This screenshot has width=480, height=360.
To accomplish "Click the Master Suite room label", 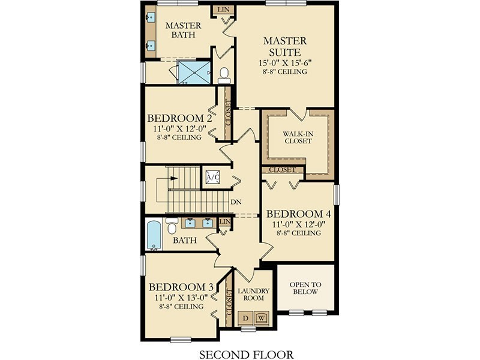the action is pyautogui.click(x=285, y=46).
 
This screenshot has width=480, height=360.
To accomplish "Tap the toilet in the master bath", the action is pyautogui.click(x=224, y=76).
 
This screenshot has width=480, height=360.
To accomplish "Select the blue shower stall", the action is pyautogui.click(x=194, y=73).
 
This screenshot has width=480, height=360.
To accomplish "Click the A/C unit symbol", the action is pyautogui.click(x=213, y=177).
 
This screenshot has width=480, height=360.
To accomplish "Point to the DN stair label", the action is pyautogui.click(x=236, y=202).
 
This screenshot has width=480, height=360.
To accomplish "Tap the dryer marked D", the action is pyautogui.click(x=245, y=318).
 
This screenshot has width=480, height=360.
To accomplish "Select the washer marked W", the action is pyautogui.click(x=261, y=318).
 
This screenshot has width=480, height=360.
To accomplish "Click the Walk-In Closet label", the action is pyautogui.click(x=297, y=137).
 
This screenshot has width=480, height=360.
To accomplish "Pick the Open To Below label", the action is pyautogui.click(x=305, y=288).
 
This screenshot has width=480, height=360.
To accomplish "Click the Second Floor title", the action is pyautogui.click(x=247, y=354).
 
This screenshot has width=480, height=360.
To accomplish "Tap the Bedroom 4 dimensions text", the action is pyautogui.click(x=298, y=224).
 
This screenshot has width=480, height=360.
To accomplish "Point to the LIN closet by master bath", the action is pyautogui.click(x=223, y=10).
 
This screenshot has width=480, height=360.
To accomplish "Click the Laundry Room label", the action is pyautogui.click(x=253, y=294).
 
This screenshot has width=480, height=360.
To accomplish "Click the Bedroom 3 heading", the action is pyautogui.click(x=181, y=287).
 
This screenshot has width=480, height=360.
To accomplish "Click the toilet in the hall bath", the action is pyautogui.click(x=172, y=226).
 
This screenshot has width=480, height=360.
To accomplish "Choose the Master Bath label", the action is pyautogui.click(x=183, y=29).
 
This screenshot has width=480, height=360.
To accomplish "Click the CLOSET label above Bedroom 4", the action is pyautogui.click(x=282, y=170).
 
